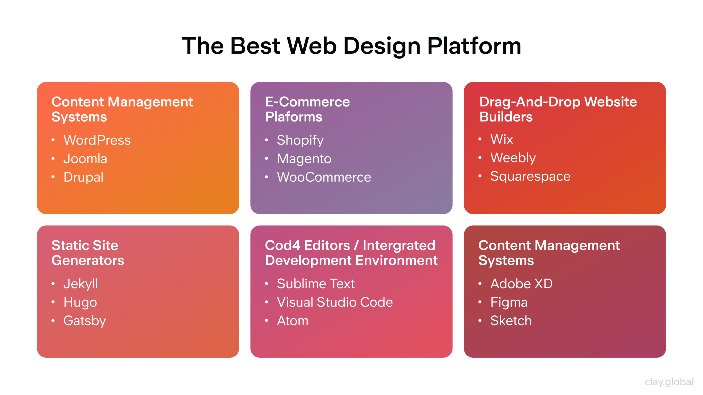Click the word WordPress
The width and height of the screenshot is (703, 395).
(97, 140)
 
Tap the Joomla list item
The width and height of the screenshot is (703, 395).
(85, 159)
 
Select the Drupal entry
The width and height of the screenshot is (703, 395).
(83, 177)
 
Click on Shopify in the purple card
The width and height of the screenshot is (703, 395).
(300, 140)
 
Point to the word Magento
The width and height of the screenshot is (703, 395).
(304, 159)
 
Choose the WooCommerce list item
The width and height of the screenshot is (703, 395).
(324, 177)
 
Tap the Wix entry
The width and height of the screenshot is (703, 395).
(502, 139)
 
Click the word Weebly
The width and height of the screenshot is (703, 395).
(513, 158)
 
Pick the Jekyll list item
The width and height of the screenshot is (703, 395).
(80, 284)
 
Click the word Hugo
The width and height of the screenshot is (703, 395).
(80, 302)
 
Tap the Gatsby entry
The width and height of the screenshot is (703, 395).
(85, 321)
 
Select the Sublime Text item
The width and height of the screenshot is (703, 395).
(316, 284)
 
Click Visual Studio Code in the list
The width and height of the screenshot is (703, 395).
(335, 302)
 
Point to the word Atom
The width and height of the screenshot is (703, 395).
(292, 321)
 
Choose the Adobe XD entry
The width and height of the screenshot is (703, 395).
(521, 284)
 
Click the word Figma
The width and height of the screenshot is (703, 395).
(509, 302)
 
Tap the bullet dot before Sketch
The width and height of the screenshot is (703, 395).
(480, 320)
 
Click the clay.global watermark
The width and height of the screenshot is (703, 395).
(669, 382)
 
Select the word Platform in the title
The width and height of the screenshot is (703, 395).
(474, 46)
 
